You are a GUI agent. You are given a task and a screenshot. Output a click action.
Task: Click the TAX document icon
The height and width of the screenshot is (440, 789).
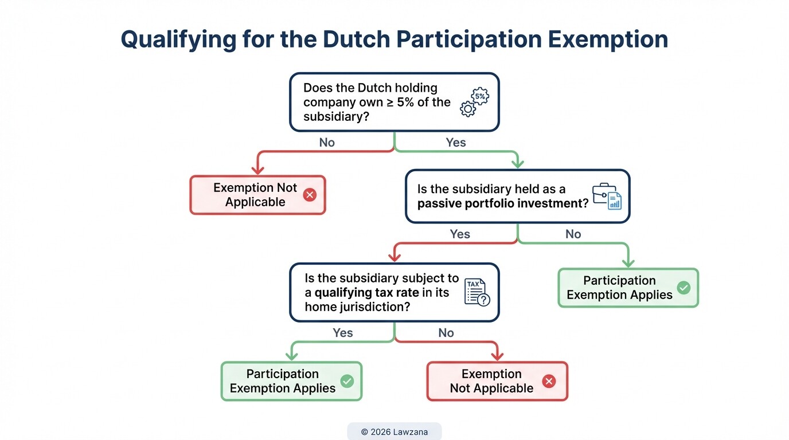tap(476, 292)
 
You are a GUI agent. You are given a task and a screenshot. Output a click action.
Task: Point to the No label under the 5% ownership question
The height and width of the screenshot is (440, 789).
tap(327, 143)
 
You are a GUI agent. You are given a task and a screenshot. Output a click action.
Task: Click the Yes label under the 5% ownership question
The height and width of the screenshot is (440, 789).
tap(456, 143)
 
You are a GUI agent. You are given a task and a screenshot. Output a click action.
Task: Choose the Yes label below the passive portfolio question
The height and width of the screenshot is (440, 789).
tap(460, 234)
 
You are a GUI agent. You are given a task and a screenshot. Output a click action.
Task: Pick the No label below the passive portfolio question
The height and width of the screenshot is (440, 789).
tap(573, 234)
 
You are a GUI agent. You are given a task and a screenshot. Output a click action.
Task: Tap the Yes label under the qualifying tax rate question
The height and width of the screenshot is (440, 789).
tap(343, 333)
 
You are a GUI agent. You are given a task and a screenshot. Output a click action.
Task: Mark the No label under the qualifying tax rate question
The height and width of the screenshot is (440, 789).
tap(446, 333)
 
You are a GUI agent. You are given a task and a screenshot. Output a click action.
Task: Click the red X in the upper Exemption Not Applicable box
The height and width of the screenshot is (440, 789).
tap(310, 195)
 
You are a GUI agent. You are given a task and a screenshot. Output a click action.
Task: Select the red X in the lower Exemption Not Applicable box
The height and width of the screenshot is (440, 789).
tap(549, 382)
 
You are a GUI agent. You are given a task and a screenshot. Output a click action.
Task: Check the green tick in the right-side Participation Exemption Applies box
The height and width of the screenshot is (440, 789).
tap(683, 288)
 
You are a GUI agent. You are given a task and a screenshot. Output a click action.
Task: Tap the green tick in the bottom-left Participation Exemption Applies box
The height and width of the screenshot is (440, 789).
tap(347, 381)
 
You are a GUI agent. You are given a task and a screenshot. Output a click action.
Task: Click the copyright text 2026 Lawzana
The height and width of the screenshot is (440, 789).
tap(394, 432)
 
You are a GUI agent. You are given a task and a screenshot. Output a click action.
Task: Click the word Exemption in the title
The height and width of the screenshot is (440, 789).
tap(608, 40)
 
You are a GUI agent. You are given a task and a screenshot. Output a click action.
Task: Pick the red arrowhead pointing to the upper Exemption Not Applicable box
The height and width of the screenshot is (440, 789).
tap(258, 170)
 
